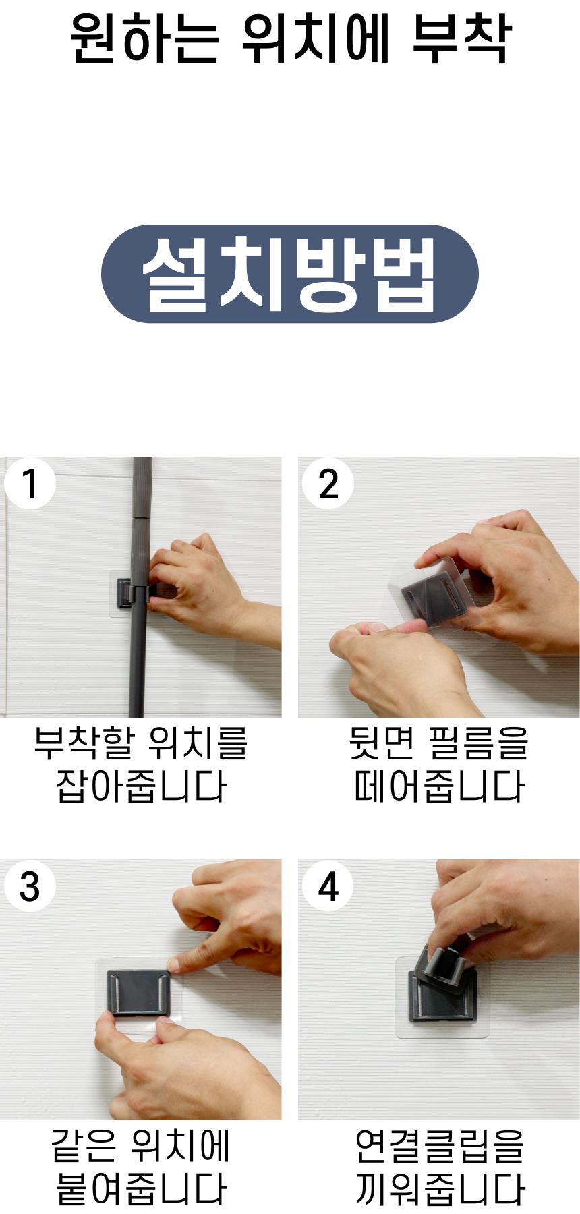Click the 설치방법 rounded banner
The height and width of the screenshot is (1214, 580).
coord(290,274)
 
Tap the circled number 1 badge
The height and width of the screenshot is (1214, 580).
coord(30,484)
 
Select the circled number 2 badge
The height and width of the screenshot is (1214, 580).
coord(328,484)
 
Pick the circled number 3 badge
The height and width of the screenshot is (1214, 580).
coord(30,886)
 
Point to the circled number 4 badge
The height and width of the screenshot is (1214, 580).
coord(328,886)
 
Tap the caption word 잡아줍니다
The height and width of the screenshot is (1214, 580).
coord(141,786)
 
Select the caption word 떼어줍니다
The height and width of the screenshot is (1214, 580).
coord(439,786)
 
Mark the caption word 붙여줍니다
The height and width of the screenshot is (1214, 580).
coord(141,1188)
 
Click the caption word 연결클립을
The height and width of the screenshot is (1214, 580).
coord(439,1146)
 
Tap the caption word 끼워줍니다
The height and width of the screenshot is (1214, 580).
coord(439,1188)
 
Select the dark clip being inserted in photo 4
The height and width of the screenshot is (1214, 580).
coord(443,968)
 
